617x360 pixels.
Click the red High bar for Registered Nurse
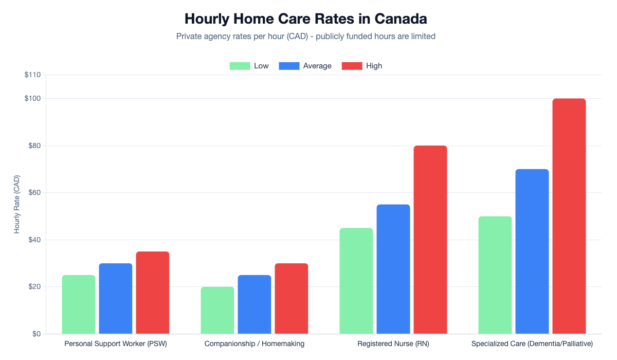(430, 240)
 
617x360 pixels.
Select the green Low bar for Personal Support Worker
(79, 304)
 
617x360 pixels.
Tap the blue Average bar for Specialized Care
(532, 251)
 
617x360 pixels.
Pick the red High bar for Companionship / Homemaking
(291, 298)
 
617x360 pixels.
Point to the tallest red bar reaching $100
(569, 216)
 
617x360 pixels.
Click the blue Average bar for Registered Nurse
(393, 269)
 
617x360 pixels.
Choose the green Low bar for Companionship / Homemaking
(217, 310)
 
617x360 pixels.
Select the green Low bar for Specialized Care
(495, 275)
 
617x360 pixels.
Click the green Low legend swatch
(239, 66)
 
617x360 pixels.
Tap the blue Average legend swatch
(288, 66)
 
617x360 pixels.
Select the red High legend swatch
(352, 66)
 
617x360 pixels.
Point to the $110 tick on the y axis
(32, 75)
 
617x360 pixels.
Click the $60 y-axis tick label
(33, 193)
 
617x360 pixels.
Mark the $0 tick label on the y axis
(35, 334)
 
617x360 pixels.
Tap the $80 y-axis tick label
(33, 146)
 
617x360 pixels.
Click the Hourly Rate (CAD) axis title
(17, 204)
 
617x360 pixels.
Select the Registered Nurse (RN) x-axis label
(393, 344)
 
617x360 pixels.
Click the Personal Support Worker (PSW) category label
(116, 344)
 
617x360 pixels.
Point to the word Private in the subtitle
(189, 37)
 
